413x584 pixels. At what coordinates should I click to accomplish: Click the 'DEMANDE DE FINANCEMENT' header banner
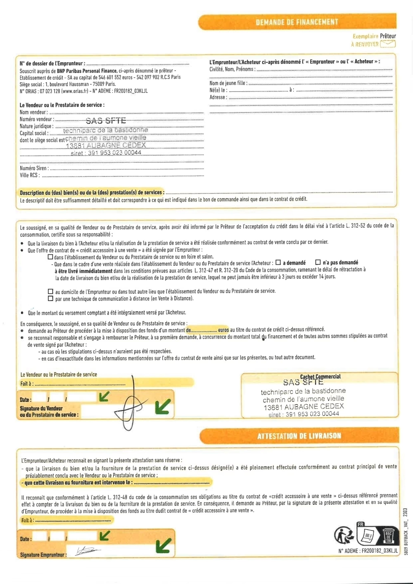(297, 22)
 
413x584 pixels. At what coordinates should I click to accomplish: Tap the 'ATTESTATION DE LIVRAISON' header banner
(299, 436)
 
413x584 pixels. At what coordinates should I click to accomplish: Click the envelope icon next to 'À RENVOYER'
(388, 44)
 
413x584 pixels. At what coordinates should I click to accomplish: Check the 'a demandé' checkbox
(278, 262)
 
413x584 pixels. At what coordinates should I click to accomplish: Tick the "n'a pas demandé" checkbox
(318, 262)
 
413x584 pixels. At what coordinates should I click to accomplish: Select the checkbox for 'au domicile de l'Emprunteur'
(51, 291)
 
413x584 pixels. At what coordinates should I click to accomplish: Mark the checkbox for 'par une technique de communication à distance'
(51, 298)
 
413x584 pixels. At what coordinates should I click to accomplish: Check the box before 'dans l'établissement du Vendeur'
(50, 257)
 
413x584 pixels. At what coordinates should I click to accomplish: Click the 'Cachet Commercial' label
(320, 377)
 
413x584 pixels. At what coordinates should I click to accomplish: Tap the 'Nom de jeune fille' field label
(228, 83)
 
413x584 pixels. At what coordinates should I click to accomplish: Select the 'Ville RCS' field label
(30, 175)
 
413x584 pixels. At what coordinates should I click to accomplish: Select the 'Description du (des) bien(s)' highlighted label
(92, 193)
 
